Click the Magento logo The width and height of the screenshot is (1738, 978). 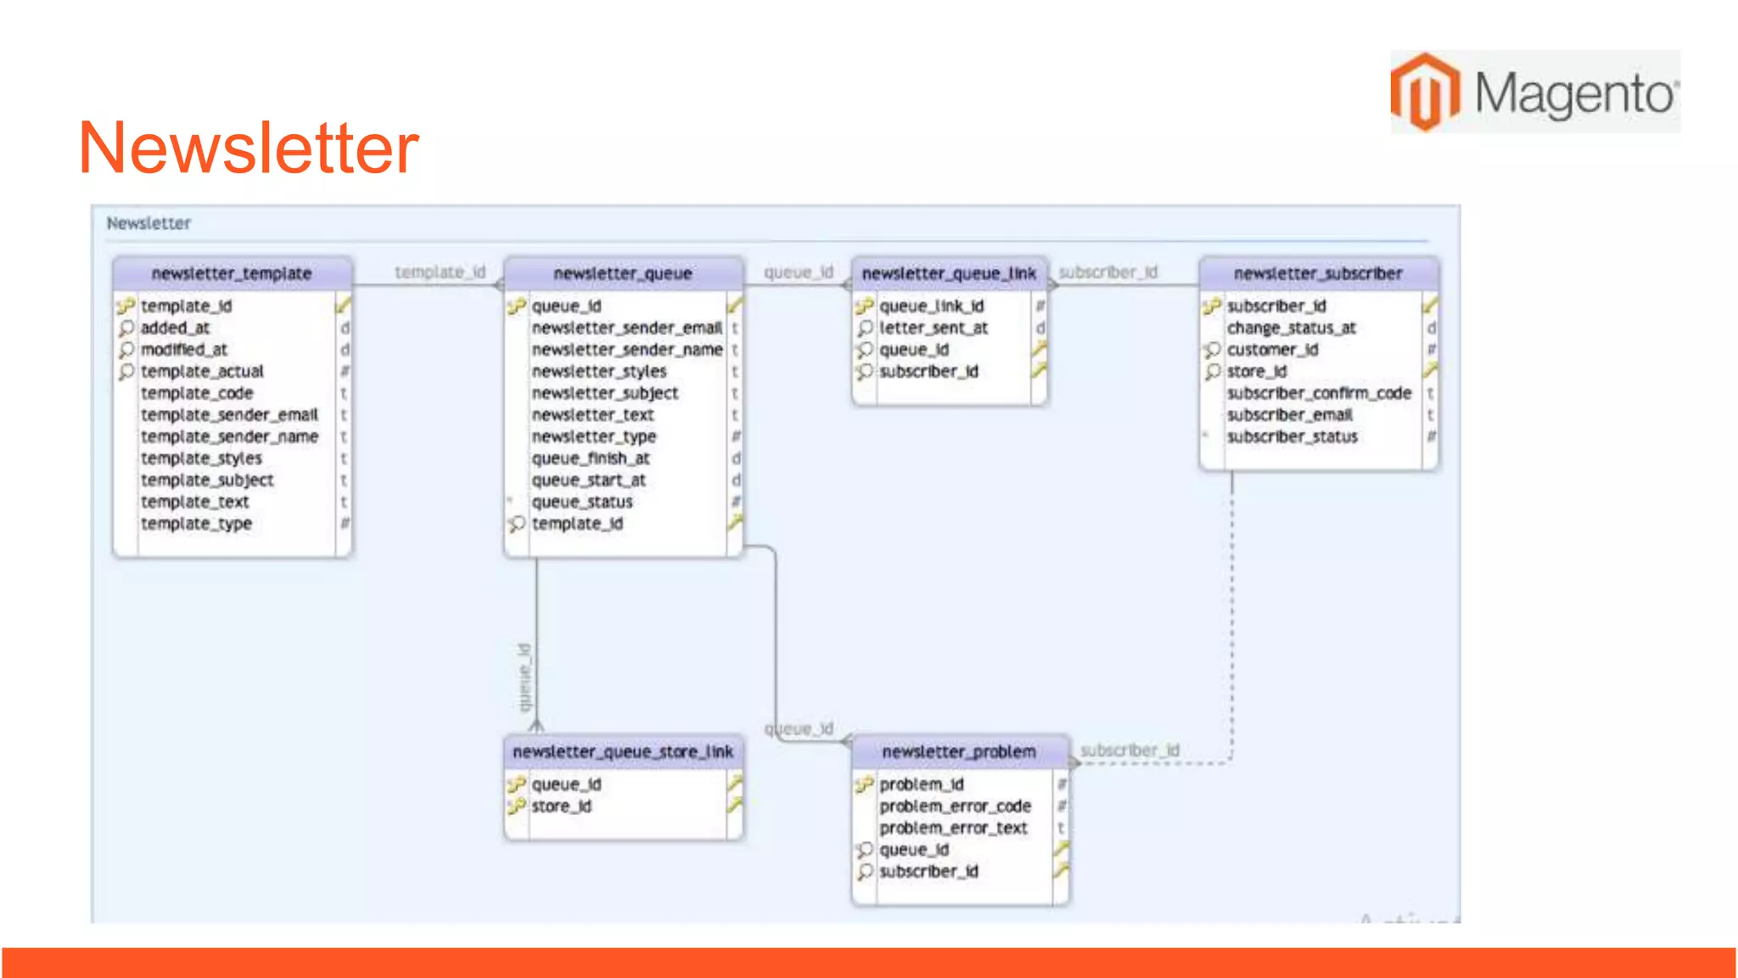click(1534, 92)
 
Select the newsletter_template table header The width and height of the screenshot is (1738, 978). click(232, 273)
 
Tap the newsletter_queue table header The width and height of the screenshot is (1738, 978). click(623, 273)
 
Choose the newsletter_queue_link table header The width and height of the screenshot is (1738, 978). click(949, 273)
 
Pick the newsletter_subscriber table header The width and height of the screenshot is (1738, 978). click(1318, 273)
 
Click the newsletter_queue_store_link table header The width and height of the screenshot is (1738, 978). click(623, 751)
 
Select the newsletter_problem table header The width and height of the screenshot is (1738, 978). click(959, 751)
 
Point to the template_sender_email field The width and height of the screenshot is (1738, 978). click(229, 414)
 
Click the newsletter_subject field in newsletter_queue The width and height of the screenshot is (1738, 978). click(605, 393)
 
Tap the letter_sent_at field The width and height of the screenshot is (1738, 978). click(933, 328)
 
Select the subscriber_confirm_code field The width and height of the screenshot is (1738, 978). click(1319, 393)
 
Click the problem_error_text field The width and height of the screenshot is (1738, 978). click(953, 828)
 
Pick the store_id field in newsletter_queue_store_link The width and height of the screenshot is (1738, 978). click(561, 806)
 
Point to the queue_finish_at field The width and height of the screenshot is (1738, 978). click(591, 458)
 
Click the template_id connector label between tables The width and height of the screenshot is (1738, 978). click(440, 272)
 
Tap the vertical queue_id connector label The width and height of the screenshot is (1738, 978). click(524, 677)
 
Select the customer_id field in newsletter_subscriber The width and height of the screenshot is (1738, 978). click(1272, 350)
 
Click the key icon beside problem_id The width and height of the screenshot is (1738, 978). click(864, 784)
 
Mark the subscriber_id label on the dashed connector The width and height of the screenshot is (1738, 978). click(1130, 750)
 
